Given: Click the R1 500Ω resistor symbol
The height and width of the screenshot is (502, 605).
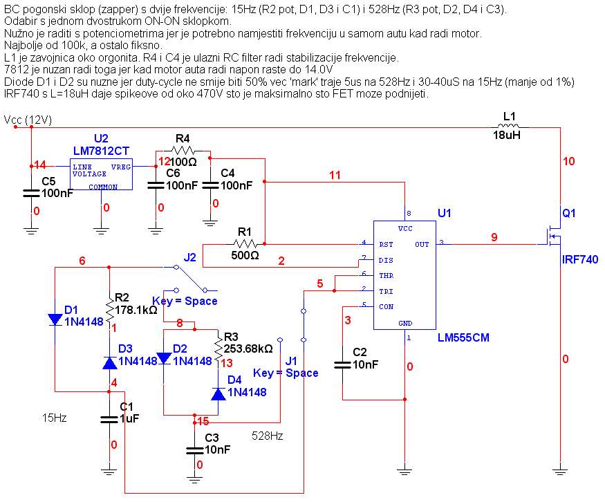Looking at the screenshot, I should pos(245,243).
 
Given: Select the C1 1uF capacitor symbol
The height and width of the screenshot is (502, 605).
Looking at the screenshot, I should pos(109,418).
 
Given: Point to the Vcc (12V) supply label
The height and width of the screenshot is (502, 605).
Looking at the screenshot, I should pos(28,120).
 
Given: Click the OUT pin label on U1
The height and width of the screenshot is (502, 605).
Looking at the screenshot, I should pos(422,244).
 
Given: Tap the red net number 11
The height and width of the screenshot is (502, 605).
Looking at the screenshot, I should pos(335,176).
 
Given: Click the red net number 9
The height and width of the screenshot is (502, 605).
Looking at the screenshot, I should pos(494,237).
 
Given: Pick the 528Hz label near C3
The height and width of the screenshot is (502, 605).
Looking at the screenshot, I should pos(267,436).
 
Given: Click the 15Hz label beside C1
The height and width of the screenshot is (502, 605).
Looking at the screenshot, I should pos(55,418).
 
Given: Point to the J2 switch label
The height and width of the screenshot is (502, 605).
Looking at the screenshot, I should pos(189,258).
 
